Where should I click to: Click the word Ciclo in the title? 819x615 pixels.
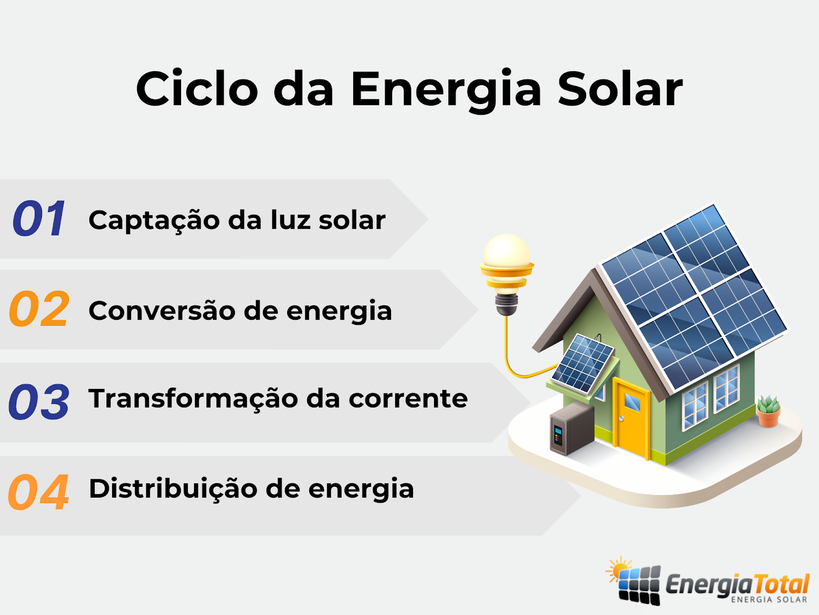[197, 88]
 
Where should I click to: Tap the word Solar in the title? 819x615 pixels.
[620, 88]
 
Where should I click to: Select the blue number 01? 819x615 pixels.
[39, 218]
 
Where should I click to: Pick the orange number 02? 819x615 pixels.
[39, 309]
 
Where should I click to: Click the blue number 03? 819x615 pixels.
[39, 401]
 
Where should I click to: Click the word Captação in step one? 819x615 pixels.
[154, 221]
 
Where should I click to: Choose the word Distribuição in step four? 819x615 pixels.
[173, 489]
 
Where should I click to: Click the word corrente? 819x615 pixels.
[408, 399]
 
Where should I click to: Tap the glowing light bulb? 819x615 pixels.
[506, 274]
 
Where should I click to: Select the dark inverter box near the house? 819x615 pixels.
[572, 428]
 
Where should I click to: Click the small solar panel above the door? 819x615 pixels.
[583, 364]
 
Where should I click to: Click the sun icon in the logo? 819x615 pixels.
[619, 569]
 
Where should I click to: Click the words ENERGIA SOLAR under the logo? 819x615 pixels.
[769, 600]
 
